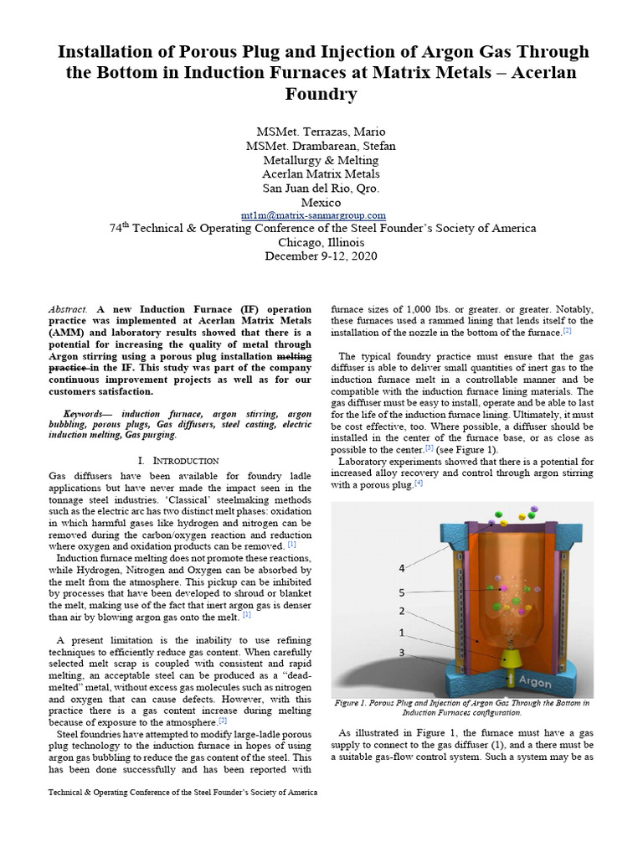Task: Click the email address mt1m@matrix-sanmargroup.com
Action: click(x=321, y=215)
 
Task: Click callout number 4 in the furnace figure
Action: click(x=402, y=568)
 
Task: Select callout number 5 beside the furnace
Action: click(x=402, y=592)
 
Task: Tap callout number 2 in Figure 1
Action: click(x=402, y=611)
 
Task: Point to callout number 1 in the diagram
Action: click(x=402, y=633)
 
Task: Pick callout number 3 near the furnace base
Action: click(x=402, y=653)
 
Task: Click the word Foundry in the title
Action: click(x=322, y=94)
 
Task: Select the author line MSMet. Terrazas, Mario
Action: click(x=321, y=132)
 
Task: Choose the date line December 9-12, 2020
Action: click(x=321, y=256)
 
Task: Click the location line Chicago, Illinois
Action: click(x=321, y=242)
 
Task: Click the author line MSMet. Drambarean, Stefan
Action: click(x=321, y=146)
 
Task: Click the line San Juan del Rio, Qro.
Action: click(x=321, y=188)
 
